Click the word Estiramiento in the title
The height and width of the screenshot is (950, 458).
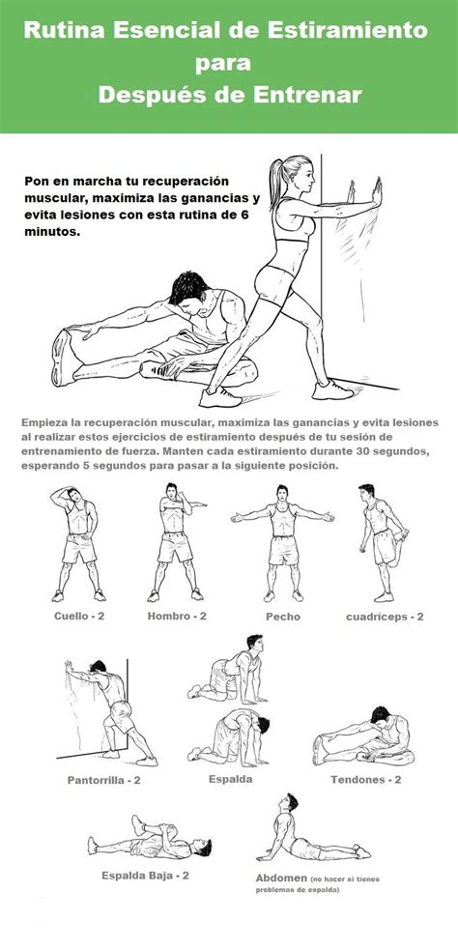tap(348, 30)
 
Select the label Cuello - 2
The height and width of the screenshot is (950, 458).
tap(79, 617)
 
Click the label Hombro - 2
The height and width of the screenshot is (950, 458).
tap(177, 617)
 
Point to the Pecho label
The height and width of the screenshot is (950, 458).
tap(283, 617)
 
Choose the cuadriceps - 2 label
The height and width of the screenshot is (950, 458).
tap(385, 617)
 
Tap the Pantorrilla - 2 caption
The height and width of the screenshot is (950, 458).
tap(104, 780)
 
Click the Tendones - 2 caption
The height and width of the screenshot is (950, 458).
tap(366, 780)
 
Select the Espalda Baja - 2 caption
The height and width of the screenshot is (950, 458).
tap(145, 876)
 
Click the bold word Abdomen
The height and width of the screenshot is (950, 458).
tap(281, 878)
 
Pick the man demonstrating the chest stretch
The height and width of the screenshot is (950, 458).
tap(282, 543)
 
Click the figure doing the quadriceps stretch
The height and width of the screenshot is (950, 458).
tap(383, 542)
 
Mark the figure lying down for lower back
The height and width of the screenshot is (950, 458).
tap(149, 837)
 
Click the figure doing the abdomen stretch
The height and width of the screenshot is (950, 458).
tap(313, 828)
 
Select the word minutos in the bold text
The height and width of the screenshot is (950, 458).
tap(52, 231)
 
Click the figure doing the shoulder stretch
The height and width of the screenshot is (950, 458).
tap(176, 542)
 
